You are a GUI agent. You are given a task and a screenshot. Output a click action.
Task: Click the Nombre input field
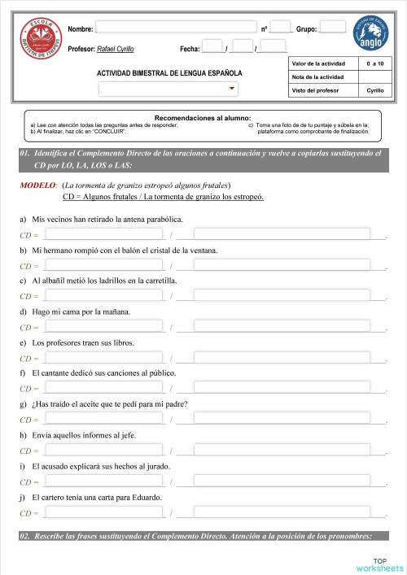[176, 28]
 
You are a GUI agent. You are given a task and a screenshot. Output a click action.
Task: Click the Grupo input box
[332, 27]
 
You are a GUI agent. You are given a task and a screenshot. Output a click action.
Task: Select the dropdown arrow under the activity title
[233, 88]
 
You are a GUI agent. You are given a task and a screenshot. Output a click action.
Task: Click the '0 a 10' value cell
[375, 63]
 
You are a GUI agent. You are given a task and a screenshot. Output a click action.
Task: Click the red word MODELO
[37, 185]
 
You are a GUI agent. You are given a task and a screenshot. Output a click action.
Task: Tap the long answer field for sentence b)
[281, 265]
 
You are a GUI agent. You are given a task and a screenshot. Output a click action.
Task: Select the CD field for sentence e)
[104, 357]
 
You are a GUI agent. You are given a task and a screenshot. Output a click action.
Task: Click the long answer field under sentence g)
[281, 419]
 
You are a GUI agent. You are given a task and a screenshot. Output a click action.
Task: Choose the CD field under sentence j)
[104, 512]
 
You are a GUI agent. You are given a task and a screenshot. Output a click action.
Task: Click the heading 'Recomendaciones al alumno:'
[203, 118]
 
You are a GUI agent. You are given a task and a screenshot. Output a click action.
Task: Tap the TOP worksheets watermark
[379, 564]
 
